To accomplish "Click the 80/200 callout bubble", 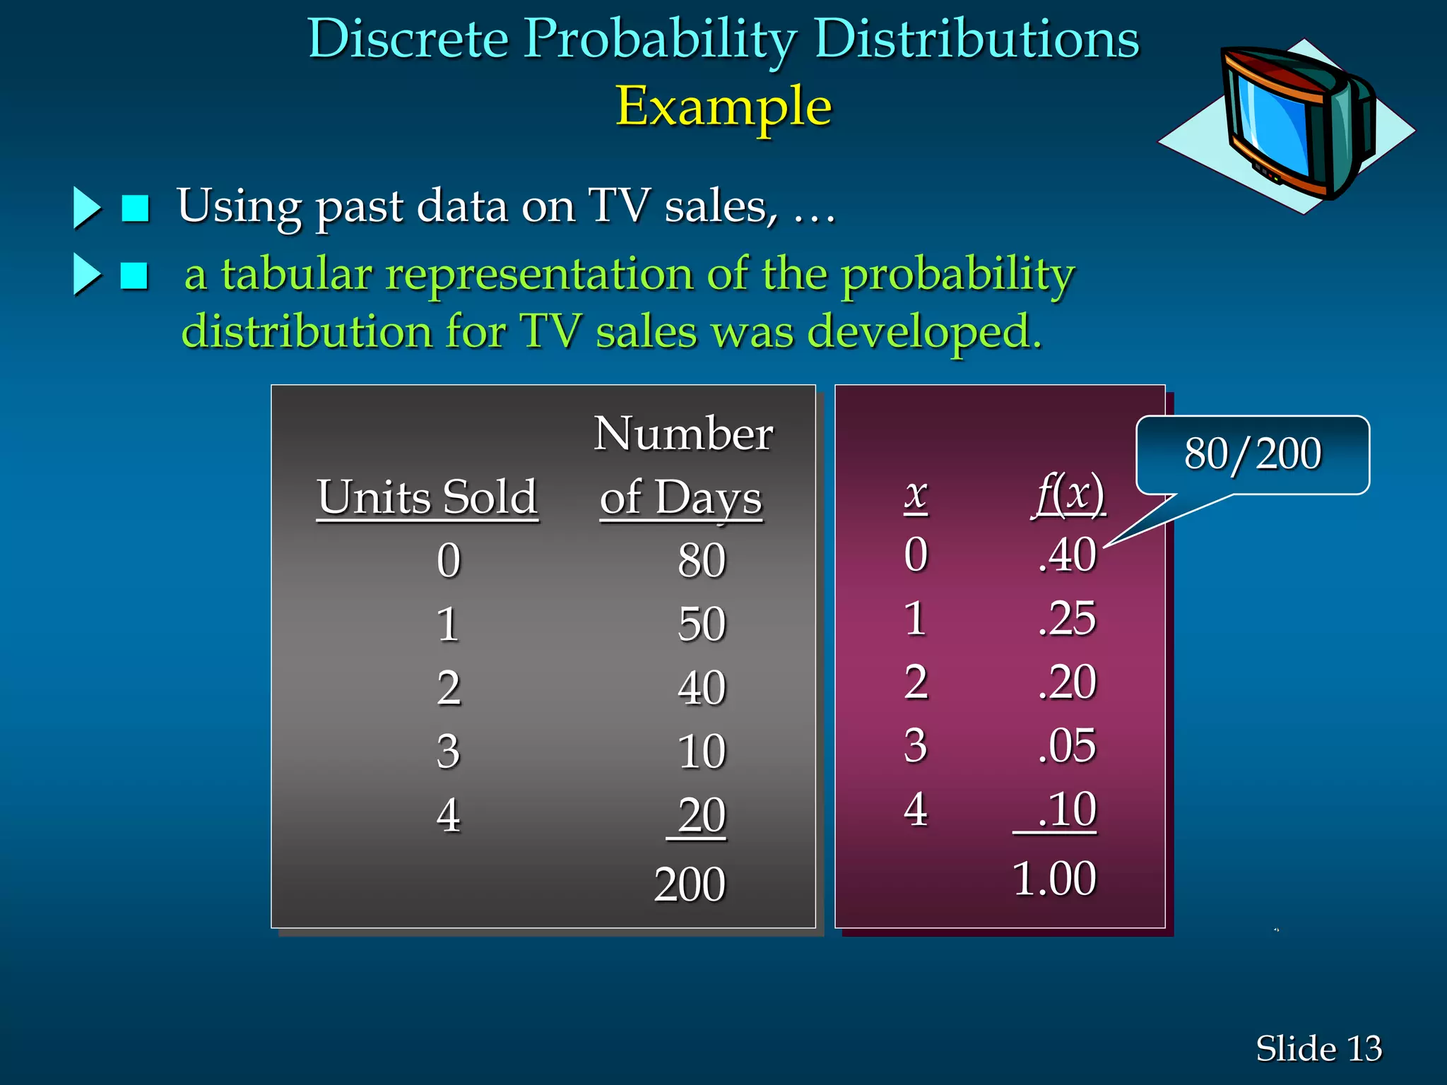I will [1252, 454].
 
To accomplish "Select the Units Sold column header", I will [427, 497].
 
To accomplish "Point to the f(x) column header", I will [1069, 494].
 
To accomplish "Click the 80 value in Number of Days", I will [701, 561].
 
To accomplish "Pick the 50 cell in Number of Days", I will [701, 624].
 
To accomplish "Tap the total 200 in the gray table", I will [690, 884].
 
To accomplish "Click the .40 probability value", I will [1067, 555].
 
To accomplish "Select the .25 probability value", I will [1067, 619].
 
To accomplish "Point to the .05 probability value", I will [1067, 746].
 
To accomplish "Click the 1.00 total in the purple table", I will [1054, 879].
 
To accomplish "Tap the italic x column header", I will [916, 494].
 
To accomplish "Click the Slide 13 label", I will [1318, 1048].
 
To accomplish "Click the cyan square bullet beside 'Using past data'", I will [135, 208].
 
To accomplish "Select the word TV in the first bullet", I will [619, 206].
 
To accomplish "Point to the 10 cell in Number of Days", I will [701, 752].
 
